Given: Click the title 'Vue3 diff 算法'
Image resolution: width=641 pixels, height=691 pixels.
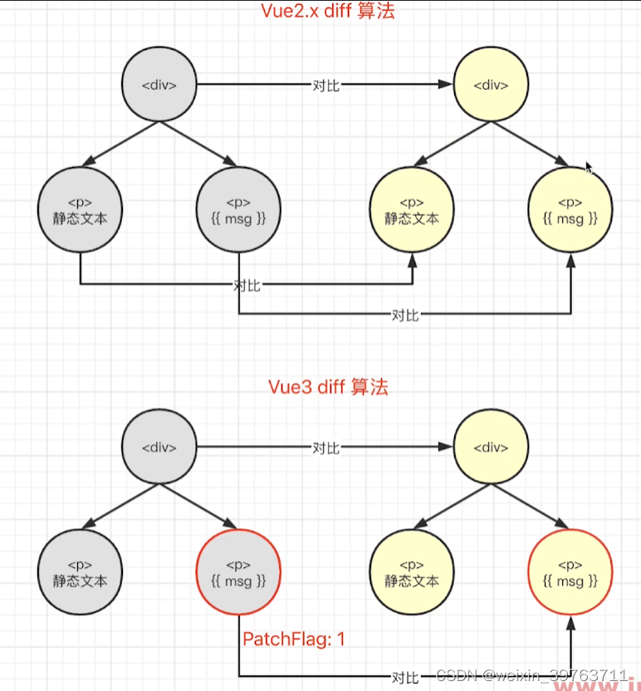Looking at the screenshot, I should [x=328, y=387].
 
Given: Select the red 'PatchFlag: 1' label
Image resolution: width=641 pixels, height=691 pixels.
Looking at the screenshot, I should [x=293, y=640].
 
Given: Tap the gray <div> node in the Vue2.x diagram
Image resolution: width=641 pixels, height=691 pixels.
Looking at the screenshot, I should [x=159, y=85].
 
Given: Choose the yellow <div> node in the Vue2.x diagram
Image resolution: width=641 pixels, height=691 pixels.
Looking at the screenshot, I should [x=490, y=85].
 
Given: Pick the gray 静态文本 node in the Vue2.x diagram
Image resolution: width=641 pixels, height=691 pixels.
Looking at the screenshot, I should [x=80, y=210].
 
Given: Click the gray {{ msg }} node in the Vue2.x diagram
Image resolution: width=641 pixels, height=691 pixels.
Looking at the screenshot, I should [x=238, y=210].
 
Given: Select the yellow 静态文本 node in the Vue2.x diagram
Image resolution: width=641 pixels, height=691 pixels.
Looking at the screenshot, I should [x=412, y=210].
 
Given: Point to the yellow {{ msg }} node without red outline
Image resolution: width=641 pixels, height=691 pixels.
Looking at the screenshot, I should [x=570, y=210].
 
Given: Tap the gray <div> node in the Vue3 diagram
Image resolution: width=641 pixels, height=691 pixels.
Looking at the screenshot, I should [x=159, y=448].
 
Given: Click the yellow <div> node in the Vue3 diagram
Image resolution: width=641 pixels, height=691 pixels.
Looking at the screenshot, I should [x=490, y=448].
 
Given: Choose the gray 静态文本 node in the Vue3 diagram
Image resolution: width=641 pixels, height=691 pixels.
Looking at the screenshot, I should [x=80, y=572].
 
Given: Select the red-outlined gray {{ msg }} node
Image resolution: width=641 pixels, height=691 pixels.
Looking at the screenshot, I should [x=238, y=572].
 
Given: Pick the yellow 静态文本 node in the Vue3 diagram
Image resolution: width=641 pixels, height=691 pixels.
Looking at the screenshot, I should [x=412, y=572].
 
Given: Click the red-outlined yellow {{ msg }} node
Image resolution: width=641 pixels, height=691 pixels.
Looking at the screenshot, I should [x=570, y=572].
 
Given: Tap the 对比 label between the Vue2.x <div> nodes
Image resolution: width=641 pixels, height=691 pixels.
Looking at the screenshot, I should [x=325, y=86].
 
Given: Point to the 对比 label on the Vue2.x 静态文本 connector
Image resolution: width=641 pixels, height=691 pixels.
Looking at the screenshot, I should [x=247, y=285].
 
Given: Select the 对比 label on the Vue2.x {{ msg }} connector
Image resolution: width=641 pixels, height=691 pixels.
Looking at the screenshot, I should [x=405, y=315].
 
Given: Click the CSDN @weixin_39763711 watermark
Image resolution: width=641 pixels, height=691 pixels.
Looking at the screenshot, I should [x=531, y=674].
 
